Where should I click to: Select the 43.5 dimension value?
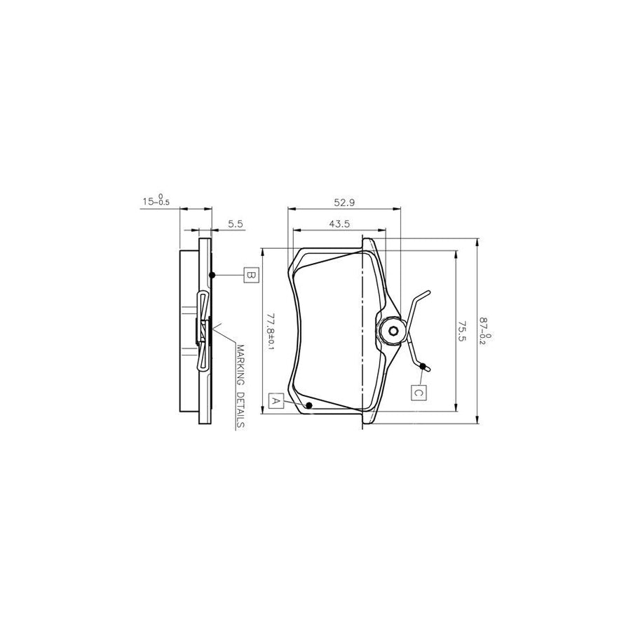[x=339, y=224]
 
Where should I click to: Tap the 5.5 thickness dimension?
[x=236, y=224]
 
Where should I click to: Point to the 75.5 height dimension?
[x=462, y=331]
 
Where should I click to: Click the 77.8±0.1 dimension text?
[x=271, y=331]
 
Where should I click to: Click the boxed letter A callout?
[x=276, y=401]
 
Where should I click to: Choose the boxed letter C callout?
[x=418, y=392]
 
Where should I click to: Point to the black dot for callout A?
[x=309, y=405]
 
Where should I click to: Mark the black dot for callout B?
[x=212, y=274]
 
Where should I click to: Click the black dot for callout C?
[x=422, y=366]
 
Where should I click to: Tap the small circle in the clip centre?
[x=393, y=332]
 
